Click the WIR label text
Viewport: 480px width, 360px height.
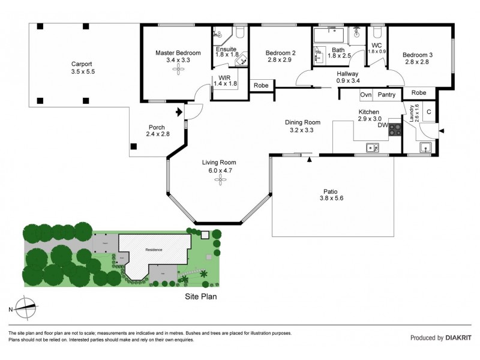coord(225,78)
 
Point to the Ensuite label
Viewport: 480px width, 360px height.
coord(226,49)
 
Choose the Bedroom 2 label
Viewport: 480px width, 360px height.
coord(281,52)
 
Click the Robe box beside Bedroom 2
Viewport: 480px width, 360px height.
coord(261,86)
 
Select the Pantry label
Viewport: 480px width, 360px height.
coord(386,95)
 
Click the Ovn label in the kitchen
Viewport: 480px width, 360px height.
coord(365,95)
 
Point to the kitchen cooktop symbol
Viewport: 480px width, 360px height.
coord(395,128)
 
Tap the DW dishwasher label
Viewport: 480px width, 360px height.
coord(382,125)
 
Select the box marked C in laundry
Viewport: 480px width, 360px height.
coord(428,111)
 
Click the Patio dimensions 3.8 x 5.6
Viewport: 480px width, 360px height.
coord(334,198)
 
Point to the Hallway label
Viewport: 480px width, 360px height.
coord(347,74)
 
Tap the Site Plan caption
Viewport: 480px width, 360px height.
coord(200,296)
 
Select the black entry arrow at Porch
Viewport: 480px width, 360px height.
coord(178,112)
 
